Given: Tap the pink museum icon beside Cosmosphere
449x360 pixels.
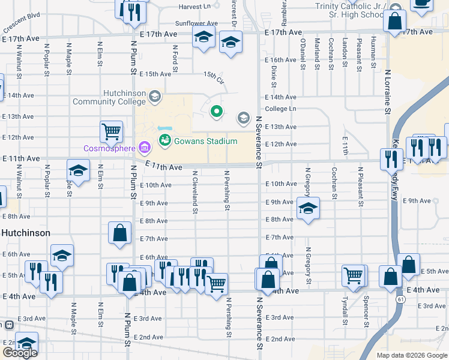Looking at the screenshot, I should [144, 147].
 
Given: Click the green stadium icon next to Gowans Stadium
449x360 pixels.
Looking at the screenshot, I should [164, 141].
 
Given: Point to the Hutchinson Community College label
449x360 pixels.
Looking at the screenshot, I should [109, 98].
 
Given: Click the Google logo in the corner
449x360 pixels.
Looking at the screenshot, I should [19, 353].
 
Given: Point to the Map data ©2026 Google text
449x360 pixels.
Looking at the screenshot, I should [411, 355].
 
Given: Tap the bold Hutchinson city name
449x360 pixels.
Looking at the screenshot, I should [25, 232].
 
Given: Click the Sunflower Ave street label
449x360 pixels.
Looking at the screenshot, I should [196, 23].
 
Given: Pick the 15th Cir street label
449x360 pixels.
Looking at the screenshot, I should [213, 77].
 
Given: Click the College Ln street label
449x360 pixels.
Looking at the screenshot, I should [280, 109].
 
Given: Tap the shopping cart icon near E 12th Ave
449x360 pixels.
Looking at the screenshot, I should [111, 131].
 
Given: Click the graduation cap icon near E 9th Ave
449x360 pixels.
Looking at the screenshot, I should [308, 208].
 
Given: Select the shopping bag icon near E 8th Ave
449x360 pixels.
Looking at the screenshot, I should [119, 232].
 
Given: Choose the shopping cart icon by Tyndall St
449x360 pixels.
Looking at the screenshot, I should [353, 275].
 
